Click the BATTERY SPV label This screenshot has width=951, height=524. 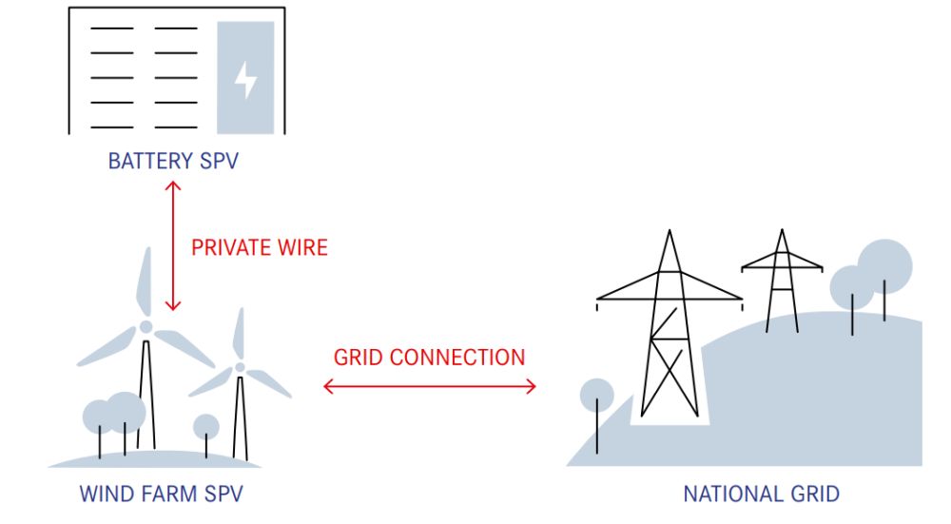tap(172, 161)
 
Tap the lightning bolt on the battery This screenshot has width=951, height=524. tap(245, 80)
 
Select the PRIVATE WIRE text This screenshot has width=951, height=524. tap(259, 248)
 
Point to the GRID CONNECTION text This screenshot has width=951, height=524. tap(429, 358)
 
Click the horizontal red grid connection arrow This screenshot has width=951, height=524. tap(430, 386)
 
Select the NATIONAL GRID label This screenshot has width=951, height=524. tap(761, 495)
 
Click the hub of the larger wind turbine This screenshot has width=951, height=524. tap(146, 326)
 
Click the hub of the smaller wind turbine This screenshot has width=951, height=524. tap(240, 367)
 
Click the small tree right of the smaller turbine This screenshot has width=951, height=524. tap(206, 425)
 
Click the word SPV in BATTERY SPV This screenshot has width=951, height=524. tap(218, 161)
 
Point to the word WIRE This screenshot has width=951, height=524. tap(296, 248)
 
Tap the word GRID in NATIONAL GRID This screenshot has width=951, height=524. tap(813, 495)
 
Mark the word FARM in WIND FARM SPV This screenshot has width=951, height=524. tap(160, 495)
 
